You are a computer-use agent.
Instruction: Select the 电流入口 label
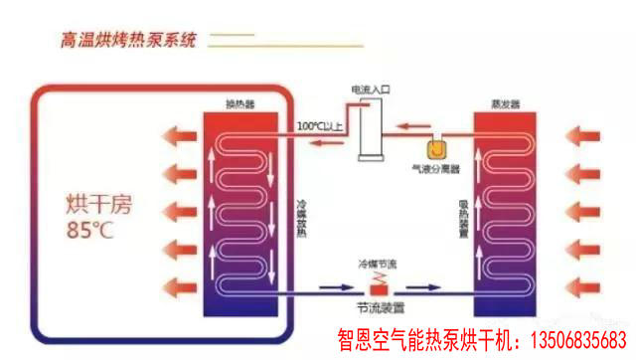370,90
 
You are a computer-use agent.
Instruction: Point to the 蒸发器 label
504,102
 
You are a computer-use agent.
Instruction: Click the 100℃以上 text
320,126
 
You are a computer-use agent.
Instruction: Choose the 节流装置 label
378,306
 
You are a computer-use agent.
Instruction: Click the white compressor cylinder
373,130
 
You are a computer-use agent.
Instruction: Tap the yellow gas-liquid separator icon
436,148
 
